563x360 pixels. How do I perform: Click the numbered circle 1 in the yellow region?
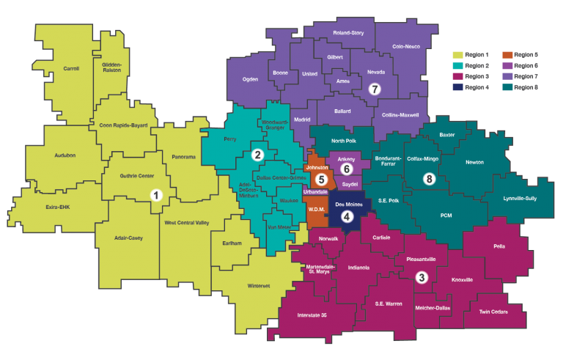[x=155, y=195]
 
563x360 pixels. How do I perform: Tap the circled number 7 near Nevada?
[x=374, y=89]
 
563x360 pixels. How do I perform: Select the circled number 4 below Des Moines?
[x=347, y=216]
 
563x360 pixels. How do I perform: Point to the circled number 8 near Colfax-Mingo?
[x=430, y=179]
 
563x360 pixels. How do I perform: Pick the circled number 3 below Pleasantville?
[x=422, y=277]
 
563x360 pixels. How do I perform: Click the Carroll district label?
[x=71, y=68]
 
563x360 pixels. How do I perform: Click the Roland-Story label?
[x=348, y=33]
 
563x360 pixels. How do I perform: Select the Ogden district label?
[x=250, y=79]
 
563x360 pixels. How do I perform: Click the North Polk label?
[x=344, y=141]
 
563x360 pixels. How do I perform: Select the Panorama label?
[x=183, y=157]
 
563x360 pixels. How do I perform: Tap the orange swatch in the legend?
[x=507, y=54]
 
